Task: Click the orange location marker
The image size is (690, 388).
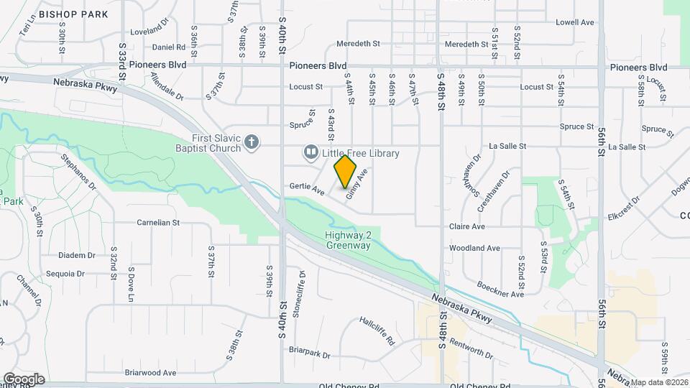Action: pos(346,171)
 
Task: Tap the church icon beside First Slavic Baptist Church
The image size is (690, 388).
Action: pos(252,142)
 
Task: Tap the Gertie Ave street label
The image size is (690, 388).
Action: pos(305,188)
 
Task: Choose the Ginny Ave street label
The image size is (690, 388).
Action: pos(357,184)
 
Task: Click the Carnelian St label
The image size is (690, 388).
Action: pos(158,223)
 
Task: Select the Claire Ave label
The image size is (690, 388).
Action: pos(467,226)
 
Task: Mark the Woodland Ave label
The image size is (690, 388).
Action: pos(474,248)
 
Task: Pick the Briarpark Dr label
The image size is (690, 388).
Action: pos(309,355)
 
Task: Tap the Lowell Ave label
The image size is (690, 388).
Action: pos(575,22)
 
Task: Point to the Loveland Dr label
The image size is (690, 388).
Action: pos(149,32)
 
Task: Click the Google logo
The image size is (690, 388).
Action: pos(24,379)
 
